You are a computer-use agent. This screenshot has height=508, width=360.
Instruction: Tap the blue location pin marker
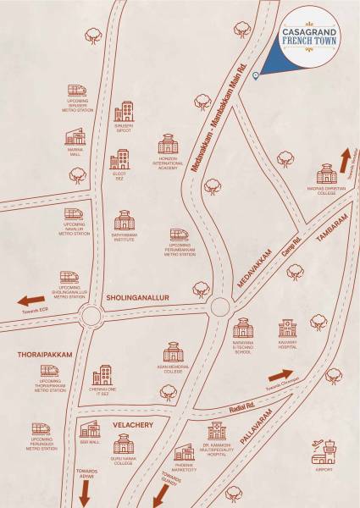[256, 76]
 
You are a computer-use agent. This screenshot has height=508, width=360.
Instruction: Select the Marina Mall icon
[76, 136]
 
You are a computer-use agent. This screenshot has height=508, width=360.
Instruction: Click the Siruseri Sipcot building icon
[125, 112]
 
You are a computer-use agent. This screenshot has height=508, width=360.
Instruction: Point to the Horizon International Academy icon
[168, 144]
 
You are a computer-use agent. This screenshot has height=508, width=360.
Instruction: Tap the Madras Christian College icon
[326, 174]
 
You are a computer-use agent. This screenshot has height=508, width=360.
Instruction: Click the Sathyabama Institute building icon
[125, 221]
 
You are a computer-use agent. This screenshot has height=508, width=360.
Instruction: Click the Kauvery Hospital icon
[288, 329]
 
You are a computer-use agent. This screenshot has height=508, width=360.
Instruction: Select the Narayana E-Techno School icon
[243, 328]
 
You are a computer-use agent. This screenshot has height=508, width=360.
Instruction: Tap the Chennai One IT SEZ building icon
[102, 375]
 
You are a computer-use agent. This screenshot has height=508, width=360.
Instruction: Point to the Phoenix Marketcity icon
[185, 453]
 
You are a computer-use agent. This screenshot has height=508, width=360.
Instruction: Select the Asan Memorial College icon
[173, 351]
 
